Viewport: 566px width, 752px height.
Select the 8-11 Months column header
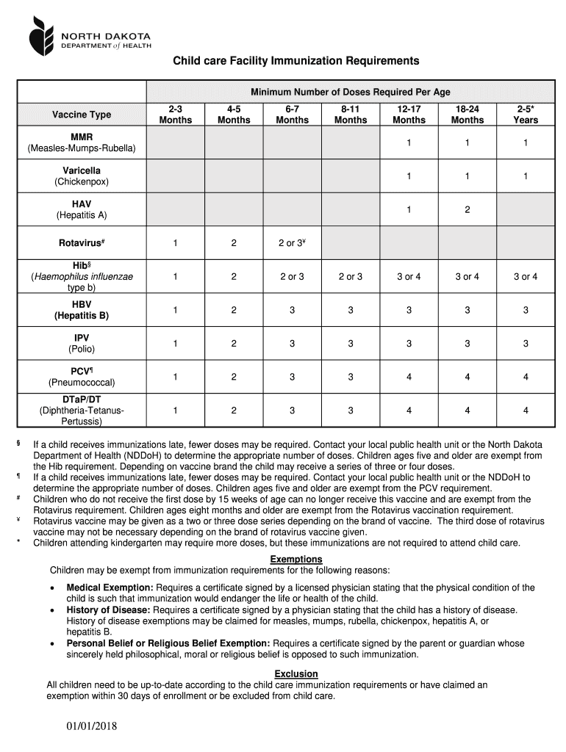(350, 114)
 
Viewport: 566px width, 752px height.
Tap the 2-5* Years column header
(525, 114)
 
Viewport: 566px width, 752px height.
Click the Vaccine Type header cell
(82, 115)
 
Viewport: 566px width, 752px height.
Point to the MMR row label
(82, 142)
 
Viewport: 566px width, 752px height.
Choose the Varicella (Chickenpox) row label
(82, 176)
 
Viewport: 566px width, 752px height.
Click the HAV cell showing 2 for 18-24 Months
(467, 210)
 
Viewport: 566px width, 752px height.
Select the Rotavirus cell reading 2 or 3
(292, 243)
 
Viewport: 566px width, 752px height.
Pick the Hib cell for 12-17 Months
(409, 277)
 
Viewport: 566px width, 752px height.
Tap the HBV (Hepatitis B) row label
(82, 310)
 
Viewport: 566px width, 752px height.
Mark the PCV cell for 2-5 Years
(525, 377)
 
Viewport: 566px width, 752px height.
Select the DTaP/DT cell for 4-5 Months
(234, 411)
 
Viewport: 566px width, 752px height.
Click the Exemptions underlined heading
(296, 560)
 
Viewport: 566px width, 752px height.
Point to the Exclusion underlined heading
(296, 673)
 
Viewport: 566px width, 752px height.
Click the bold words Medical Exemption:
(110, 587)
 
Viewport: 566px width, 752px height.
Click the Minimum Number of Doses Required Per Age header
(350, 92)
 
